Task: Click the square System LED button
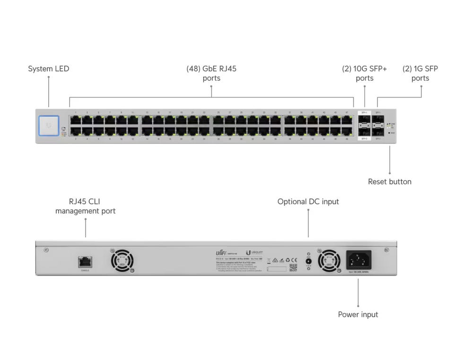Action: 49,126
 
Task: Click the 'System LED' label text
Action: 48,69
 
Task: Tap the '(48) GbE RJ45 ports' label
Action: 211,73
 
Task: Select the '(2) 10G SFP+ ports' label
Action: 364,73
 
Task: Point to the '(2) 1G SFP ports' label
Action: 420,73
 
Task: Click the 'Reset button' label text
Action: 390,182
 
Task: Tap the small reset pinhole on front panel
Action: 389,133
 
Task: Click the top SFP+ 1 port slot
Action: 365,120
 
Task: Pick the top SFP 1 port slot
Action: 378,120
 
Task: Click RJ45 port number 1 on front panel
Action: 76,120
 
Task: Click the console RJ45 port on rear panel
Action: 86,261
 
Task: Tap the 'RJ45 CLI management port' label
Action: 85,206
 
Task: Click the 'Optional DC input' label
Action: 308,202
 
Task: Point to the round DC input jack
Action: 309,261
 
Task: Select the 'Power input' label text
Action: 358,315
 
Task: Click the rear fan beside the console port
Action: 122,261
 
